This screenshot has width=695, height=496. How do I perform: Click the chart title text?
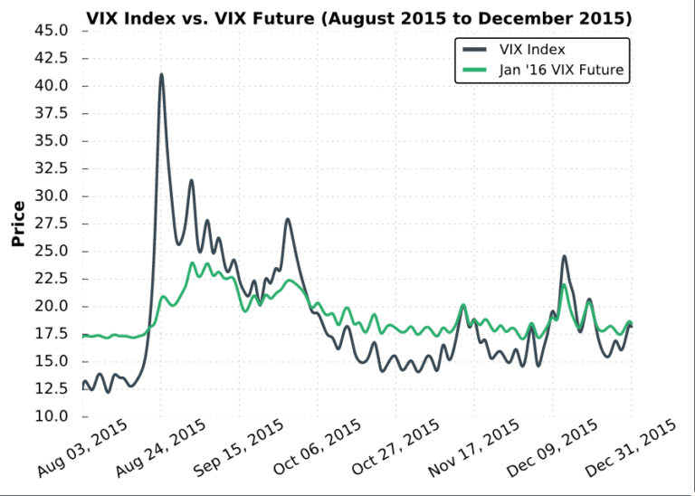point(358,18)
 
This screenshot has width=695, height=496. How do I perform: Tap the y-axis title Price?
point(18,224)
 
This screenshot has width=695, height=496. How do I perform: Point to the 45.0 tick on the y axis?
point(52,31)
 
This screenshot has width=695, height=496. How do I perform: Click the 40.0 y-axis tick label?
point(52,86)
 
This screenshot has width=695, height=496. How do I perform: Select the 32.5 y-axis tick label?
point(52,168)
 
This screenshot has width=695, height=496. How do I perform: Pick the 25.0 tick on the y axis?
point(52,251)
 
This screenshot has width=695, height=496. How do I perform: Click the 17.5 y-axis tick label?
point(52,334)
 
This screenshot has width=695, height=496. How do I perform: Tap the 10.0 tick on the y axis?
point(52,416)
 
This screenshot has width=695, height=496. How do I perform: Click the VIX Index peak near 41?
point(161,75)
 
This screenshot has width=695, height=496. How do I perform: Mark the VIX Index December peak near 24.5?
point(565,256)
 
